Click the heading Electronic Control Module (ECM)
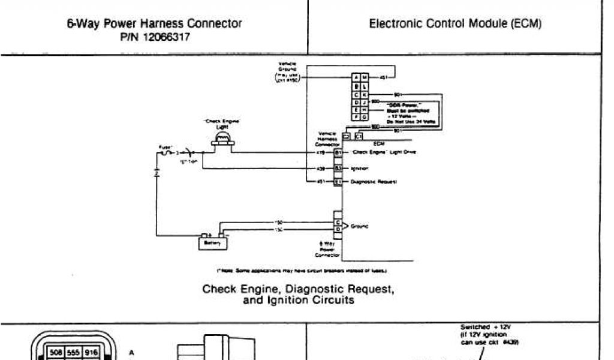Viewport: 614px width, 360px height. pos(455,24)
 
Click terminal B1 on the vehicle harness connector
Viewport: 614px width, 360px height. pos(338,153)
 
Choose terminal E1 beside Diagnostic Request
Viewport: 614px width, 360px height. pos(338,181)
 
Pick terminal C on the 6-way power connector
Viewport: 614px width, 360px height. pos(338,223)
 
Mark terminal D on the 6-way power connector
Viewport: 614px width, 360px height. pos(338,229)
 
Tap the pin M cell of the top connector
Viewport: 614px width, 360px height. pos(364,78)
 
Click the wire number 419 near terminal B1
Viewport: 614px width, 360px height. pos(320,153)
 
